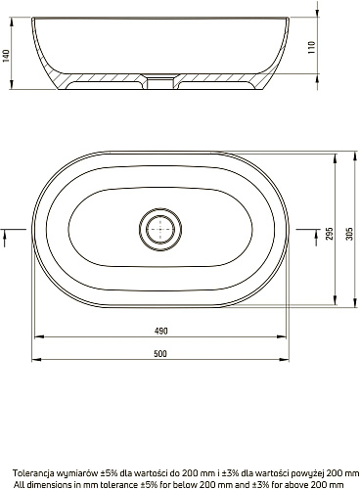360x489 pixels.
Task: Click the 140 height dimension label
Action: coord(6,56)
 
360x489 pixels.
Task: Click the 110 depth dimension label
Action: coord(312,47)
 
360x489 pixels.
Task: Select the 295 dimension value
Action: coord(330,234)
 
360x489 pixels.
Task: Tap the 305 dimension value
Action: coord(349,234)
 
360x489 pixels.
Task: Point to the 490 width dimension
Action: coord(160,331)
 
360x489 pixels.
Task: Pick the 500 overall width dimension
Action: coord(160,354)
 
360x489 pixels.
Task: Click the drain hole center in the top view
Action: coord(160,229)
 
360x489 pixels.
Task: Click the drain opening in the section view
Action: coord(160,82)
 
